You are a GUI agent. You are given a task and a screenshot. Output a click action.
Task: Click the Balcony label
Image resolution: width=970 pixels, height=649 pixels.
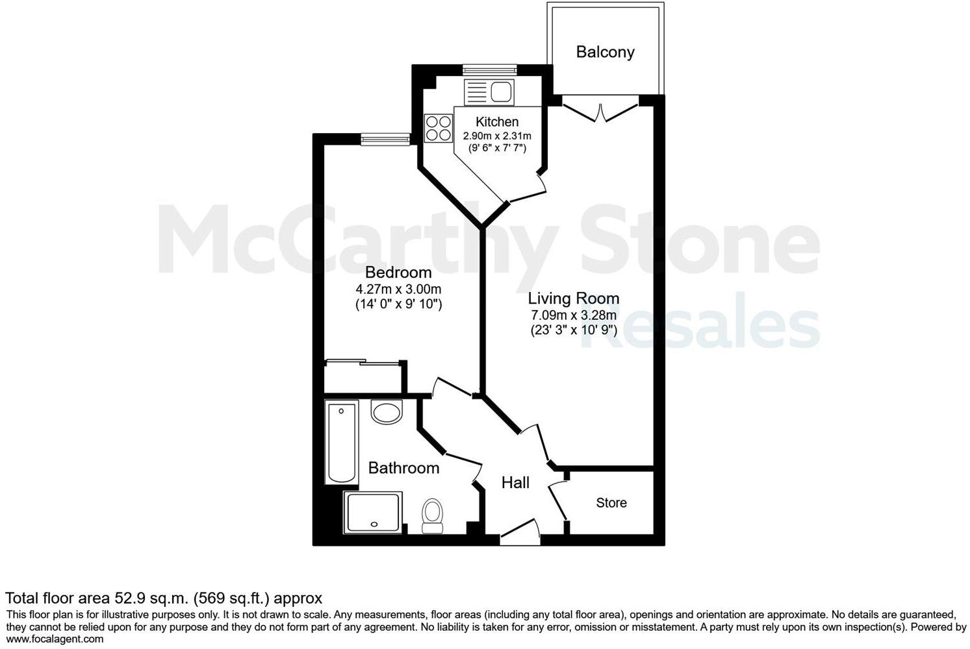click(605, 52)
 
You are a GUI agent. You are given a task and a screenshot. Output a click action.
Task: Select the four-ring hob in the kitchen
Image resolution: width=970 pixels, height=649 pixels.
click(438, 128)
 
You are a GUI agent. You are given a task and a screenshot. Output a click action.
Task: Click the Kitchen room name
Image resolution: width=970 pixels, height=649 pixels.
click(497, 122)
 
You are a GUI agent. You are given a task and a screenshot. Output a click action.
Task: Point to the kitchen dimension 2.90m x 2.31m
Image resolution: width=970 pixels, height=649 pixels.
click(497, 136)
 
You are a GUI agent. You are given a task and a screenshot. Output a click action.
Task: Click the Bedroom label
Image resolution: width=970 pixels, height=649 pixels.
click(398, 273)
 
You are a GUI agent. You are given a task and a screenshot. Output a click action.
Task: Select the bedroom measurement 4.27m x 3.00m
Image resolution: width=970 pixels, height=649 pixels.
click(398, 289)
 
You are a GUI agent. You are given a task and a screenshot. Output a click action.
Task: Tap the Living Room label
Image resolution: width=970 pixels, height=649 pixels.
click(573, 299)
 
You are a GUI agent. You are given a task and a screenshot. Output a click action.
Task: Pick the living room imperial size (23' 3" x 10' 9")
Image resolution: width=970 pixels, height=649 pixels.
click(573, 330)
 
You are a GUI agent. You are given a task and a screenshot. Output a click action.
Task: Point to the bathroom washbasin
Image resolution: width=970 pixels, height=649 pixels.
click(387, 412)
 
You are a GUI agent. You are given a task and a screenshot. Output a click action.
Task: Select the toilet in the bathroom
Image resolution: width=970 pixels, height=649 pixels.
click(431, 515)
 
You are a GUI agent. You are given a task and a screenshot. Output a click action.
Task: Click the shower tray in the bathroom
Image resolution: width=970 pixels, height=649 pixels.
click(373, 512)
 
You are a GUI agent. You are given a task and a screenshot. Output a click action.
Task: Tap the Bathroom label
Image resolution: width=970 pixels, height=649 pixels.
click(403, 468)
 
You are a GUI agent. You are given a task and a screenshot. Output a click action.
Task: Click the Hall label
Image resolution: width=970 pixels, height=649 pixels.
click(515, 483)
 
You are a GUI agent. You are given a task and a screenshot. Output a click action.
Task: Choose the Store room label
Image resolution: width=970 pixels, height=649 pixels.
click(611, 503)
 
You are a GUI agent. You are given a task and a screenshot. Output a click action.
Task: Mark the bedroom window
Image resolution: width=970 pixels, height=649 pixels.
click(385, 139)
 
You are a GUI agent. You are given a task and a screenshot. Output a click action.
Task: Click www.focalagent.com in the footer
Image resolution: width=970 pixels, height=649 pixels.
click(55, 639)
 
